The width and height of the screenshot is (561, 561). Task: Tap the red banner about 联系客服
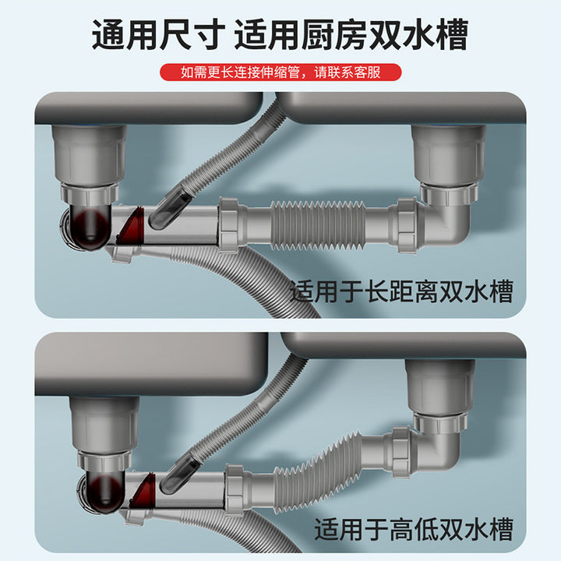pyautogui.click(x=280, y=73)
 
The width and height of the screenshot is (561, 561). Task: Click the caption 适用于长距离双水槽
pyautogui.click(x=401, y=292)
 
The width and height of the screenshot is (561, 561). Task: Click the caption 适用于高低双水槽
pyautogui.click(x=414, y=531)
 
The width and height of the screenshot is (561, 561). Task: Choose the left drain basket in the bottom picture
pyautogui.click(x=104, y=425)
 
